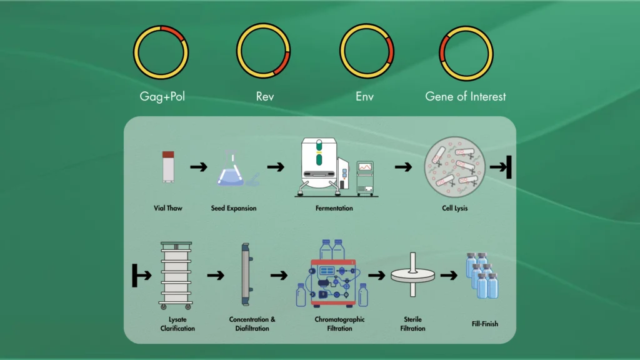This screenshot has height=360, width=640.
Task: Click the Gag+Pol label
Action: (x=162, y=97)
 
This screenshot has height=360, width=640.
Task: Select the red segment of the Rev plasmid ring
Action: (x=283, y=64)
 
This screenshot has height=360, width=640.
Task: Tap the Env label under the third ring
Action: (x=366, y=97)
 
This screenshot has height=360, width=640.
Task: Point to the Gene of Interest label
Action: (x=466, y=97)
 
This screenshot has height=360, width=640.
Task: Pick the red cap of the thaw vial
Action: (x=168, y=154)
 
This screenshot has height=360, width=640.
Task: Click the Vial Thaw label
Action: (x=168, y=208)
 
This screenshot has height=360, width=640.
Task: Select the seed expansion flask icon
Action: (x=232, y=171)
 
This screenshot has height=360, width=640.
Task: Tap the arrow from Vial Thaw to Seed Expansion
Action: (x=199, y=167)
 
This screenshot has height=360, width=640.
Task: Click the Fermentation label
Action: (x=334, y=208)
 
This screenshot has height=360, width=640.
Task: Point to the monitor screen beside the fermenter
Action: (x=365, y=167)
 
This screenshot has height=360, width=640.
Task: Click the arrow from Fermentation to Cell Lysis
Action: (x=404, y=167)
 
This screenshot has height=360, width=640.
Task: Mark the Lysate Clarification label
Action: (x=177, y=324)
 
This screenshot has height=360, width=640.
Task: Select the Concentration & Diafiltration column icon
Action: (x=246, y=274)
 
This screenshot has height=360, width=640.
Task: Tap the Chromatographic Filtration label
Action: (x=339, y=324)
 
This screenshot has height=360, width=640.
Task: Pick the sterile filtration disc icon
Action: (x=412, y=274)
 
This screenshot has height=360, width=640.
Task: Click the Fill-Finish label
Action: (x=485, y=324)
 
